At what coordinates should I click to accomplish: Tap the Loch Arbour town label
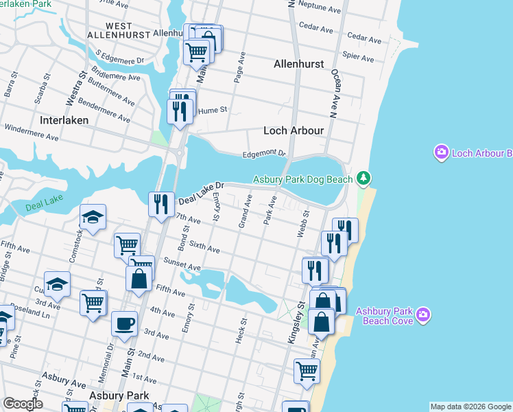point(294,130)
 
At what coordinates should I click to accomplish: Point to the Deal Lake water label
point(43,206)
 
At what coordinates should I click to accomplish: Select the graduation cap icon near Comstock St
point(93,217)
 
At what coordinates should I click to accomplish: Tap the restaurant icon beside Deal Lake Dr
point(161,203)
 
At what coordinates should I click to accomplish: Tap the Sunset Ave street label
point(182,264)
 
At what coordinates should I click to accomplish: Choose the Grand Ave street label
point(244,211)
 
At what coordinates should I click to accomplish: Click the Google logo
point(23,404)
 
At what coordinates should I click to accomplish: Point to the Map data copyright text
point(470,407)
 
